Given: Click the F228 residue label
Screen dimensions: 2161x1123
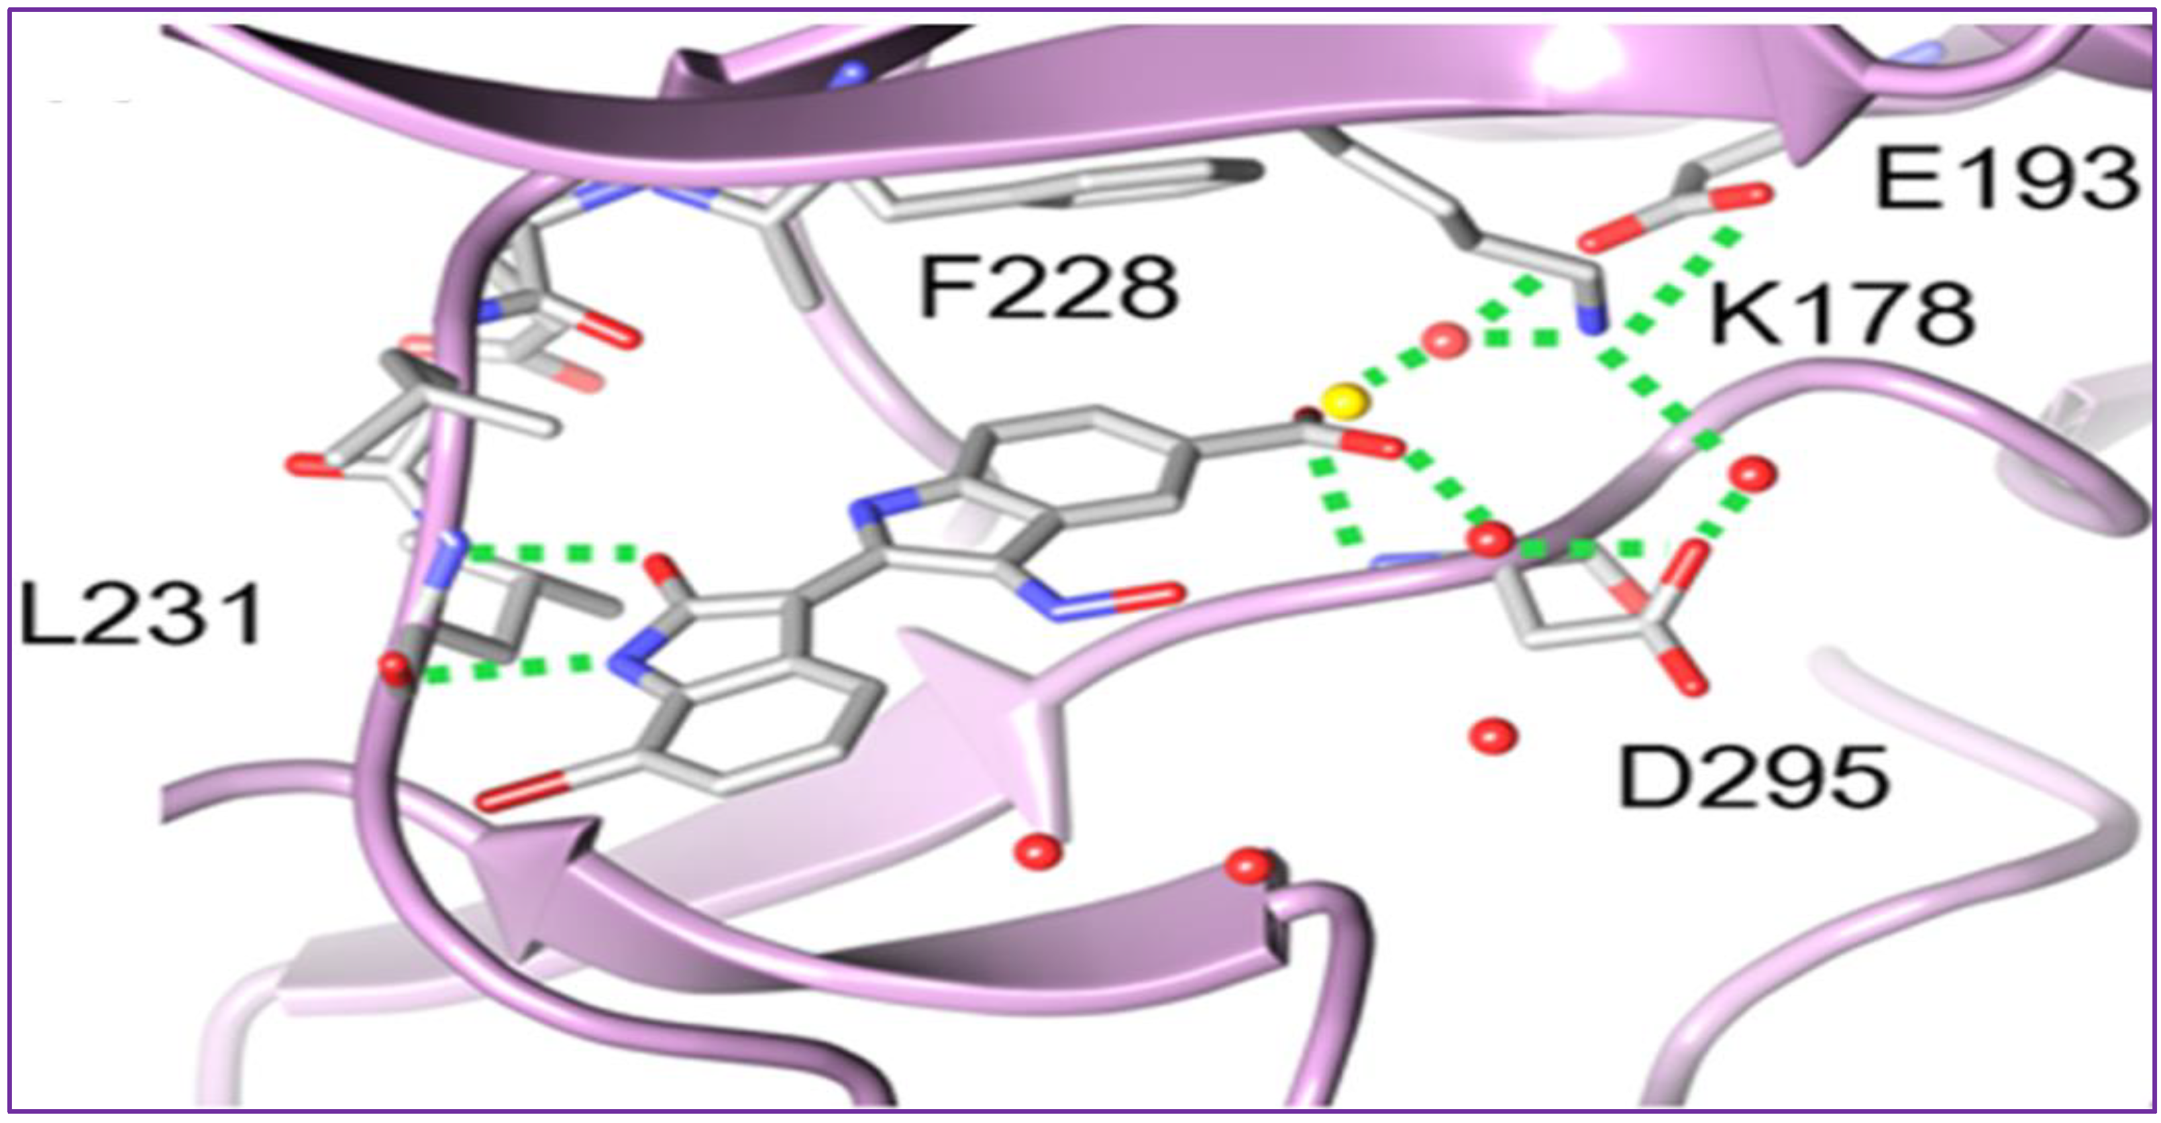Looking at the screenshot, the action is [1049, 290].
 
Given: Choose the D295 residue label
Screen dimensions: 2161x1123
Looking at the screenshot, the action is [1754, 779].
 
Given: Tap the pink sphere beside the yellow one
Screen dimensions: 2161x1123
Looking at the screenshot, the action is [1446, 341].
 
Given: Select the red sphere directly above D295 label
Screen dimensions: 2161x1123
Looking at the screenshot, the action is [1493, 736].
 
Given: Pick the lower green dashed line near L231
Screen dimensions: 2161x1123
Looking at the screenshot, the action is [503, 668].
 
